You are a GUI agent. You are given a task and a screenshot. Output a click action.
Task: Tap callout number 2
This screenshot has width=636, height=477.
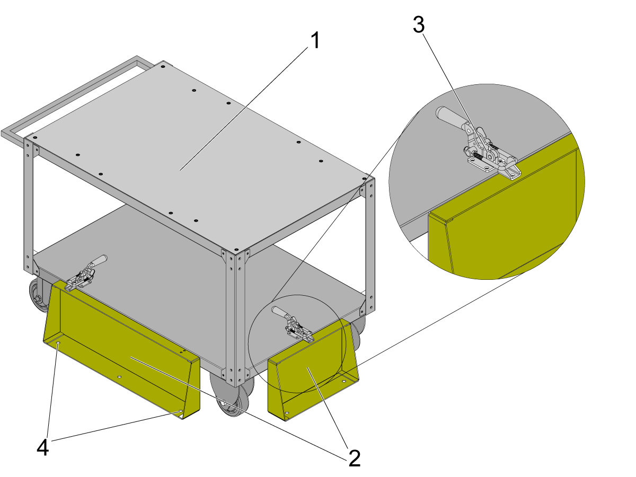[354, 458]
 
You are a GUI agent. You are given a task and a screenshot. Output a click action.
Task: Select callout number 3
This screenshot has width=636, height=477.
[418, 24]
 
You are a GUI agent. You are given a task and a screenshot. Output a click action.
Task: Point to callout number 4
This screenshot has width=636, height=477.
[42, 447]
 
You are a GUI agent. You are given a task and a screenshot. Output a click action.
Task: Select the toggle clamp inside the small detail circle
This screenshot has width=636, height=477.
[293, 325]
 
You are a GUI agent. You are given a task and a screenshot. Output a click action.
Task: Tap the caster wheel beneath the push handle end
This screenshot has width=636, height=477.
[39, 295]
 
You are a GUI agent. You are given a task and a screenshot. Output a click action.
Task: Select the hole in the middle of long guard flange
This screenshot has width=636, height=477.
[119, 377]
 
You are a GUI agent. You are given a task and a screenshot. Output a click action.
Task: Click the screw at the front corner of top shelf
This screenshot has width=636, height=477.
[236, 249]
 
